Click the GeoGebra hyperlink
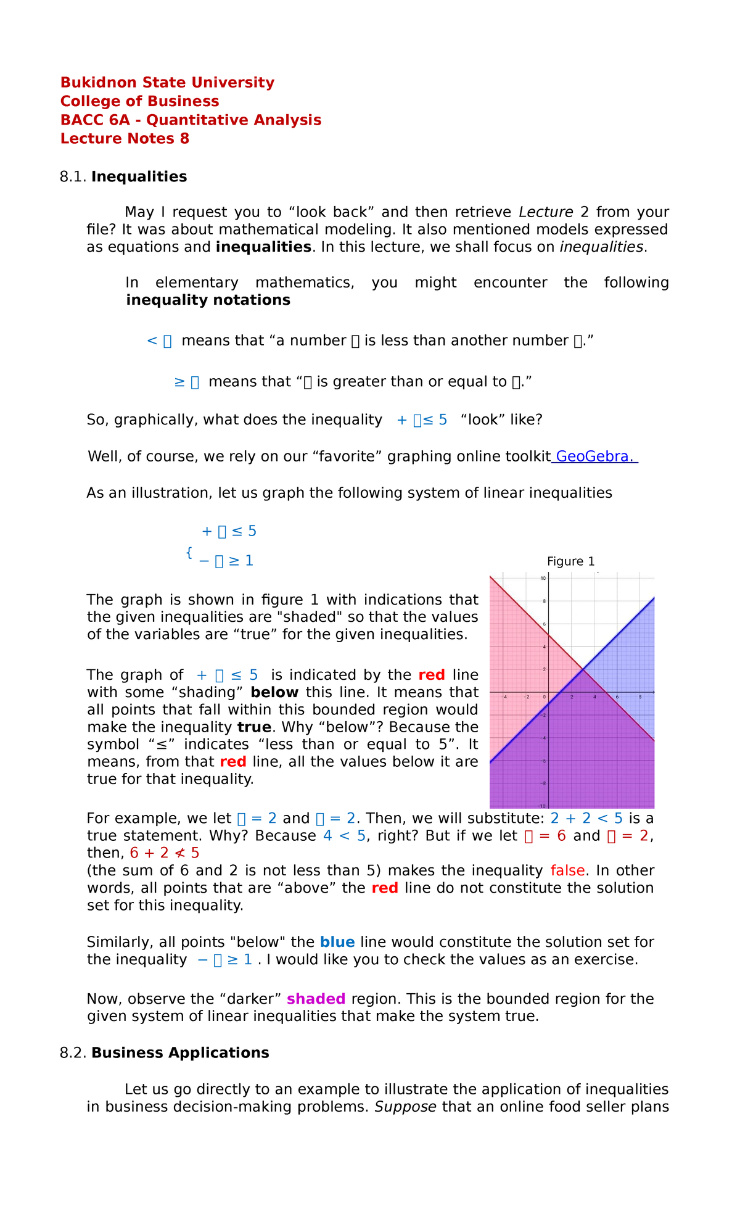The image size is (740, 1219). [594, 457]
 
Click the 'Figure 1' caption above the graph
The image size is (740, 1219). [570, 561]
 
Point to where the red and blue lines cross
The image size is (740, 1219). [583, 669]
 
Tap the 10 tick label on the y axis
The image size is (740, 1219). [543, 578]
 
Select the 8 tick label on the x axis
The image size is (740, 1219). [640, 697]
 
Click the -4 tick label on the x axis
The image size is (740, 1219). [504, 697]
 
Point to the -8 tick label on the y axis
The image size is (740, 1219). [542, 783]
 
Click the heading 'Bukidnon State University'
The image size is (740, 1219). [167, 83]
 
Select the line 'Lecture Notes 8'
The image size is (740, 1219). [125, 139]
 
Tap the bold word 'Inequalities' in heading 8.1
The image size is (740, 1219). [139, 177]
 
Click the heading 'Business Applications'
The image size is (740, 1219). [180, 1053]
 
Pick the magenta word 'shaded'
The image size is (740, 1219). [316, 999]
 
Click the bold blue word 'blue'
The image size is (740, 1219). [337, 942]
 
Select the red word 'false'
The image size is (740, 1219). [567, 870]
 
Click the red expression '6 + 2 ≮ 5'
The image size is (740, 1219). [164, 853]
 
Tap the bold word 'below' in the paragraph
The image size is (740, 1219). [274, 692]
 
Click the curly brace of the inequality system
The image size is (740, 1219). [189, 552]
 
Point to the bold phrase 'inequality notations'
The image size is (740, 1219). [208, 300]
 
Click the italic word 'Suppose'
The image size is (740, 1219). [405, 1107]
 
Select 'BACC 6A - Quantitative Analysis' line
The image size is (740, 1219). [191, 120]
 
